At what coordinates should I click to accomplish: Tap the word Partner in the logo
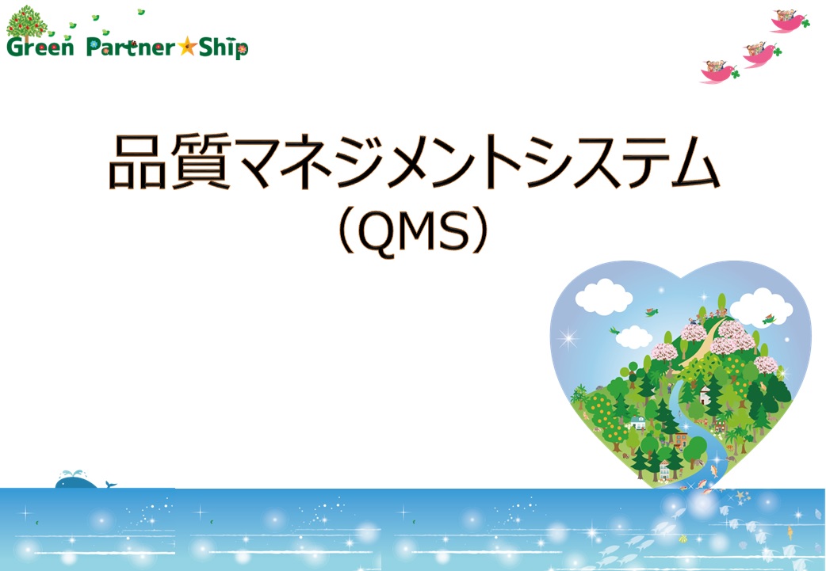[x=130, y=48]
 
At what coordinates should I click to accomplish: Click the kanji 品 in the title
[x=134, y=164]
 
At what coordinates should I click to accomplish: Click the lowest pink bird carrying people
[x=718, y=72]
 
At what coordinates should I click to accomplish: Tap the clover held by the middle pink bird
[x=778, y=53]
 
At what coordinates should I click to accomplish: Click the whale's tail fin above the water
[x=110, y=483]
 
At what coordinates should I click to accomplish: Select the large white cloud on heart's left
[x=603, y=298]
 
